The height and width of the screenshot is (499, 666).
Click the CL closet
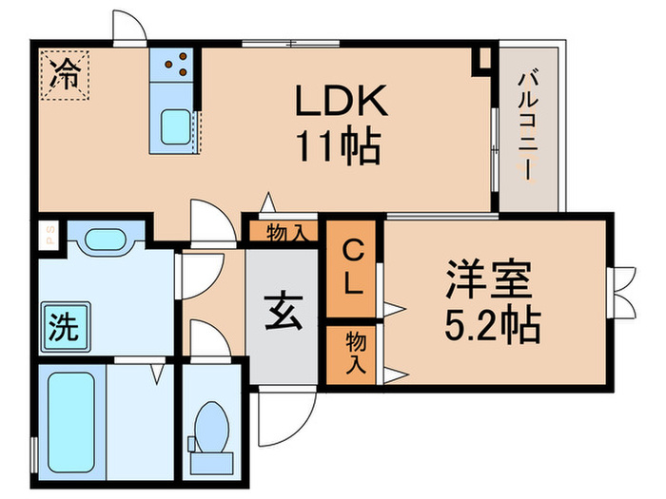tap(352, 268)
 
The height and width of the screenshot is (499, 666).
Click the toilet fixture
tap(211, 425)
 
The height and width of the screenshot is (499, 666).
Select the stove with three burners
tap(173, 64)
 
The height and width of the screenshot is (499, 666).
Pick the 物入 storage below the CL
tap(352, 355)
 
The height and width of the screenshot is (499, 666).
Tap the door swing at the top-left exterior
tap(127, 27)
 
